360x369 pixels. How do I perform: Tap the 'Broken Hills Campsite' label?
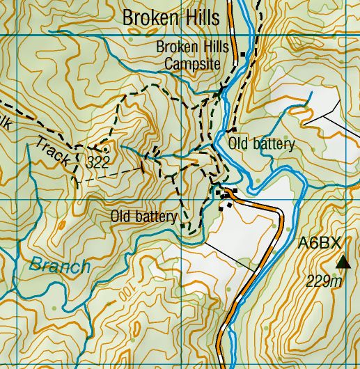point(188,56)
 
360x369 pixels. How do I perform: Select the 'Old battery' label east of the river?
point(262,144)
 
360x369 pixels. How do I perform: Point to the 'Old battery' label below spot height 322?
point(143,217)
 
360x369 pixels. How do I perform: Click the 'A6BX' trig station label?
point(320,243)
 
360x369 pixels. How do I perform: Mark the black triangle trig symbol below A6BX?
point(343,262)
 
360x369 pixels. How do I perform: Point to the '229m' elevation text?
point(324,281)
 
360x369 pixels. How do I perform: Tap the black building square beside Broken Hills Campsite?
point(242,54)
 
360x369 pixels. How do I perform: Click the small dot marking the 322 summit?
point(105,148)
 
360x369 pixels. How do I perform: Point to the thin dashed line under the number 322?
point(108,175)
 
